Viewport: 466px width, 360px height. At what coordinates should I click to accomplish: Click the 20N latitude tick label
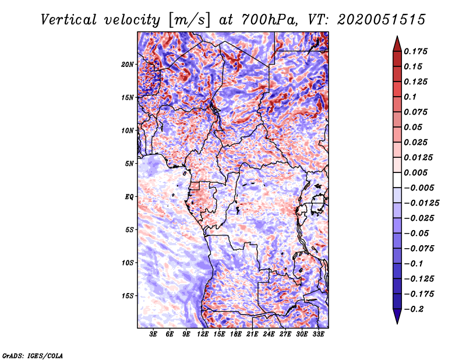pyautogui.click(x=128, y=65)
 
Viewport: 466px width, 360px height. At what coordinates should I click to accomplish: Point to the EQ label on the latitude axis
pyautogui.click(x=129, y=197)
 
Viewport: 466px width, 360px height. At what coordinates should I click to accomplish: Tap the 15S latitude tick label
pyautogui.click(x=128, y=296)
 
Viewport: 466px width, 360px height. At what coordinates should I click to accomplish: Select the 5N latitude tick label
pyautogui.click(x=129, y=164)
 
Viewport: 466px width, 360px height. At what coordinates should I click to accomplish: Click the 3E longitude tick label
pyautogui.click(x=153, y=334)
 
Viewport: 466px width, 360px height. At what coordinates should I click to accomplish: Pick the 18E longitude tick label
pyautogui.click(x=236, y=334)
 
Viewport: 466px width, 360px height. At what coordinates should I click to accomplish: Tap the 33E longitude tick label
pyautogui.click(x=318, y=334)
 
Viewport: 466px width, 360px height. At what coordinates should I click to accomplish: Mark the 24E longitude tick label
pyautogui.click(x=269, y=334)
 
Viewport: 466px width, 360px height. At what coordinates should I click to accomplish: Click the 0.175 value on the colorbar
pyautogui.click(x=415, y=51)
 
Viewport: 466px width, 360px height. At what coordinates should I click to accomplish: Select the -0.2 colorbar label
pyautogui.click(x=414, y=309)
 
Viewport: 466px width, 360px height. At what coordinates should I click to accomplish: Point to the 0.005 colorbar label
pyautogui.click(x=415, y=172)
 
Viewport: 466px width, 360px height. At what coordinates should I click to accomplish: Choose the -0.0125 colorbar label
pyautogui.click(x=421, y=203)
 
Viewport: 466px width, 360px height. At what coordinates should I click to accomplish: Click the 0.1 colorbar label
pyautogui.click(x=410, y=97)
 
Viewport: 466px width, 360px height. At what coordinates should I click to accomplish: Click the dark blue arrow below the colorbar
pyautogui.click(x=397, y=316)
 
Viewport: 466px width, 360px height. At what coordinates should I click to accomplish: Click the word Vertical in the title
pyautogui.click(x=69, y=20)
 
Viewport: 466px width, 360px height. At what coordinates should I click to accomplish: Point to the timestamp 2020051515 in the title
pyautogui.click(x=382, y=20)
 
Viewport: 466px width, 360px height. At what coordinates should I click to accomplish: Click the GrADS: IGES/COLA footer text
pyautogui.click(x=33, y=355)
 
